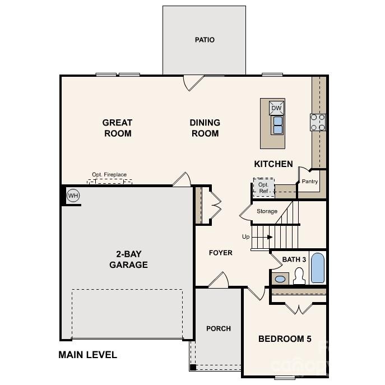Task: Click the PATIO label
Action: [x=205, y=40]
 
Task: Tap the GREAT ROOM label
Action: [x=117, y=128]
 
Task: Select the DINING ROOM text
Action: [x=205, y=128]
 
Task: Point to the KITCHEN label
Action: [x=273, y=164]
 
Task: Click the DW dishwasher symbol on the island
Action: [x=277, y=108]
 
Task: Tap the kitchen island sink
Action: [x=277, y=125]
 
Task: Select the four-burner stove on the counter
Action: [x=318, y=122]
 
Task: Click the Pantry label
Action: [x=310, y=182]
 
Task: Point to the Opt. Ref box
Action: [x=263, y=187]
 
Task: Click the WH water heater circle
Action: [x=73, y=196]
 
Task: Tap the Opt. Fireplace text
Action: [x=110, y=175]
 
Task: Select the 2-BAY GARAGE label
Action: [x=128, y=259]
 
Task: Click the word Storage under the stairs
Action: [x=267, y=211]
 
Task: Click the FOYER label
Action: [x=221, y=253]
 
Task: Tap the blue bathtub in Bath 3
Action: [x=317, y=268]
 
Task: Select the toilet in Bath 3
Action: [x=299, y=276]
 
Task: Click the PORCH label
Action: [x=219, y=328]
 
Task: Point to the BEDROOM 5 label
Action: [x=285, y=338]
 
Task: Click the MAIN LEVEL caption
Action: [x=88, y=355]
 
